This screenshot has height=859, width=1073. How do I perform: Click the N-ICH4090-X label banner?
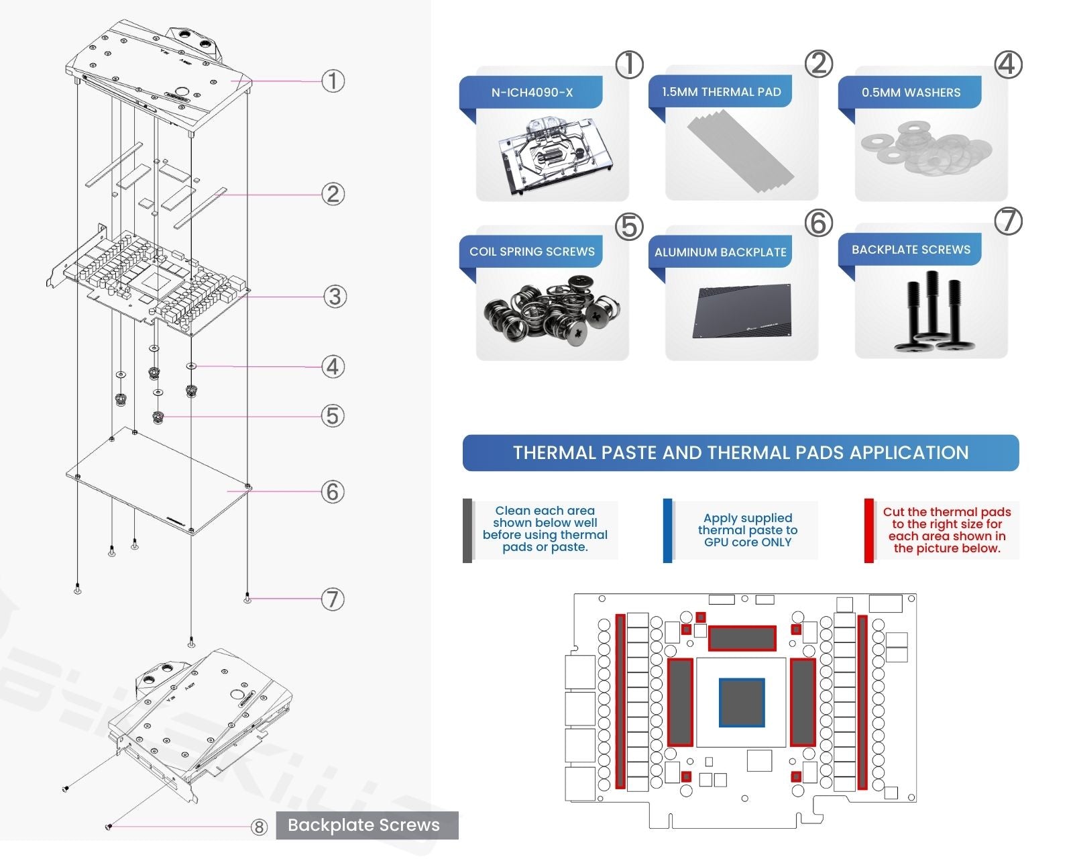point(532,93)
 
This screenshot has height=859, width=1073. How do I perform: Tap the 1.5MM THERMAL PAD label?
point(721,92)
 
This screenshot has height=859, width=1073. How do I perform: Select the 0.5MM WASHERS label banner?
point(911,93)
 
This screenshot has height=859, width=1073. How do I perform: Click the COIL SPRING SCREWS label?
point(532,252)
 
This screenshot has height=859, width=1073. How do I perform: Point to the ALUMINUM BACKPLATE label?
point(720,252)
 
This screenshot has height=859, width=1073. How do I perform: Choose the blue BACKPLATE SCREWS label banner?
point(911,250)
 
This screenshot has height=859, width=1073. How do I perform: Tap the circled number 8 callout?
point(259,827)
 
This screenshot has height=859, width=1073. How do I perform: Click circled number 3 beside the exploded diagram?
point(334,297)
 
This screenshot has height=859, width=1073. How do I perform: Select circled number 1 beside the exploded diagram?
point(333,81)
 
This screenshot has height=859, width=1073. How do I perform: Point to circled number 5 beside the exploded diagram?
point(333,416)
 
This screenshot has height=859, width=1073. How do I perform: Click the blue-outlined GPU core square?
point(742,703)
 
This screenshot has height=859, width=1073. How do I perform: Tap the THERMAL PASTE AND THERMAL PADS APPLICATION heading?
point(740,453)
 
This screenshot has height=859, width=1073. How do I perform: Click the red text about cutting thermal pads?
point(946,530)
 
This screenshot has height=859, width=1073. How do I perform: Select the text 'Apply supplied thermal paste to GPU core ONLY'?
point(748,530)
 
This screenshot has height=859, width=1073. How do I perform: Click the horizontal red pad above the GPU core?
point(742,638)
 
